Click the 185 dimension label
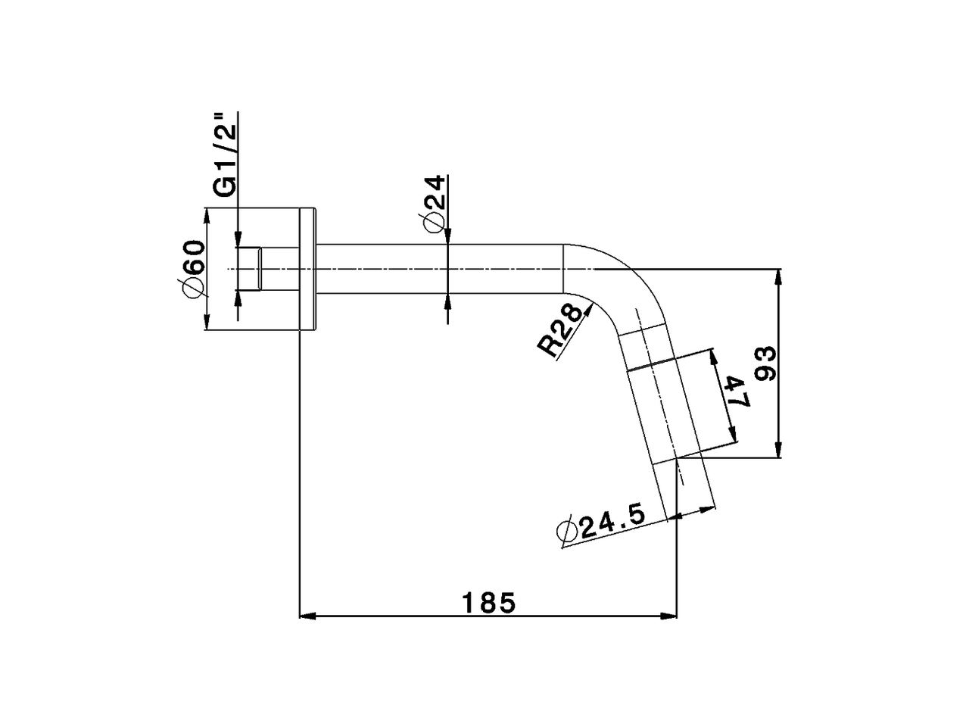click(488, 603)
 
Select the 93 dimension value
click(765, 363)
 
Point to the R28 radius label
click(560, 329)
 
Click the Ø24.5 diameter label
click(601, 524)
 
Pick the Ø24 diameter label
click(433, 204)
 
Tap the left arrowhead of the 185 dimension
click(307, 616)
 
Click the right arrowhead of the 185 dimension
click(668, 616)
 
